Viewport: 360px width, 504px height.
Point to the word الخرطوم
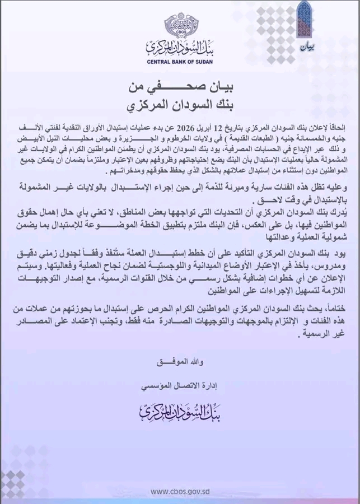point(202,138)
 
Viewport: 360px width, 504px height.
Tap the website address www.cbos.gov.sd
point(180,491)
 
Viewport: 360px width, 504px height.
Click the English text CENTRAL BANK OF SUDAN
point(180,62)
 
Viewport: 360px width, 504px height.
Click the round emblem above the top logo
point(180,25)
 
